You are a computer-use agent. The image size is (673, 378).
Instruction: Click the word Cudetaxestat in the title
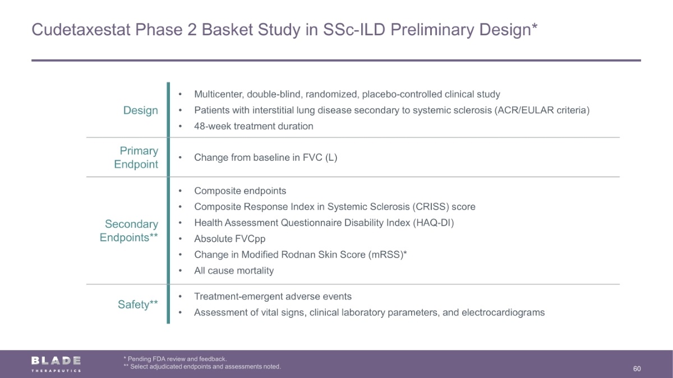coord(81,30)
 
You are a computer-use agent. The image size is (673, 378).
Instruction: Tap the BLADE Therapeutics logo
coord(56,364)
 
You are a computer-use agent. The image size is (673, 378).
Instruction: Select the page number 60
coord(637,368)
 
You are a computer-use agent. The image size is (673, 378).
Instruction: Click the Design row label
coord(141,110)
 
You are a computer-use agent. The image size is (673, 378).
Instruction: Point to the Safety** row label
coord(138,305)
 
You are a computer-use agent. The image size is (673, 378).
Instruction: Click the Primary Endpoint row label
coord(136,157)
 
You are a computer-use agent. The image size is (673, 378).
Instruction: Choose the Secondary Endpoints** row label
coord(129,231)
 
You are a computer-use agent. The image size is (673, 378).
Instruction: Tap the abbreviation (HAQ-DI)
coord(433,223)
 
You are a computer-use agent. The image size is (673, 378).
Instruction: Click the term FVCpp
coord(250,239)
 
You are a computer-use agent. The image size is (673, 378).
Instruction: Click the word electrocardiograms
coord(503,312)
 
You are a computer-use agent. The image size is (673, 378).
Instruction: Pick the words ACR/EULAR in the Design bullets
coord(526,110)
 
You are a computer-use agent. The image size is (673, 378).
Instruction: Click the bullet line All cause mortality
coord(234,270)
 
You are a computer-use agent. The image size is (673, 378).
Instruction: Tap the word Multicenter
coord(219,94)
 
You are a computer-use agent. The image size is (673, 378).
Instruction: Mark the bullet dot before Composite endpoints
coord(180,191)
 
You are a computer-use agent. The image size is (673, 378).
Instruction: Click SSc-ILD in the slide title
coord(354,30)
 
